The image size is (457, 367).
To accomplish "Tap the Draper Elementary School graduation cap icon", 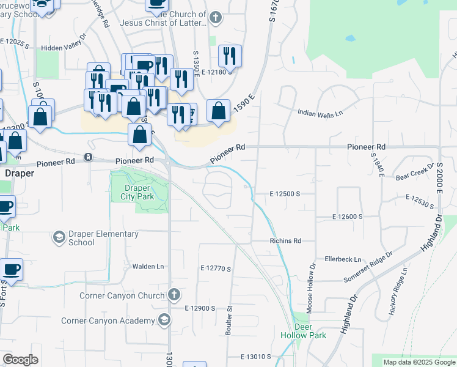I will tap(59, 237).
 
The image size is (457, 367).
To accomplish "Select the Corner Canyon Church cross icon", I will tap(174, 295).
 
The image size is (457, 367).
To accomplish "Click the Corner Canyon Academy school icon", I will tap(164, 320).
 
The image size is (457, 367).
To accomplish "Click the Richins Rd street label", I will tap(286, 241).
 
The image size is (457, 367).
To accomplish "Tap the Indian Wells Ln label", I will tap(320, 113).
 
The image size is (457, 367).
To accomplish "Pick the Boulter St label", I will tap(230, 317).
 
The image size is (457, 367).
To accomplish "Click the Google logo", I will tap(20, 360).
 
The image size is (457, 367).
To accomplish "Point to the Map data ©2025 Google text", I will tap(419, 362).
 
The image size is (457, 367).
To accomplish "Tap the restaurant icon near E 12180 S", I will tap(230, 56).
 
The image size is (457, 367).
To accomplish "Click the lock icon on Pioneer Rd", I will tap(89, 157).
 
